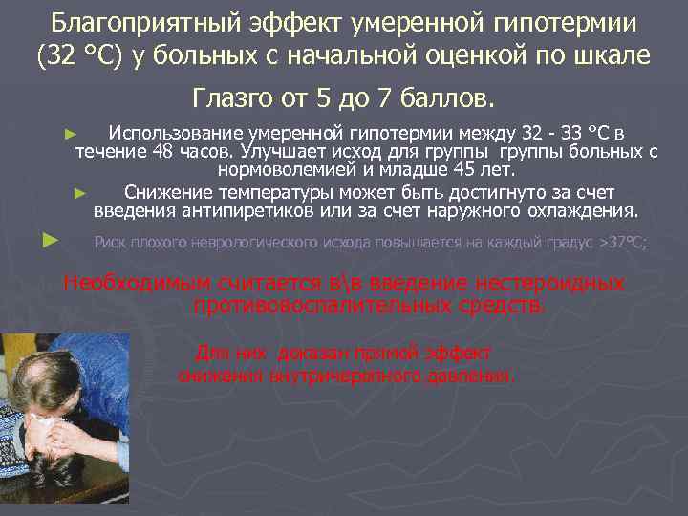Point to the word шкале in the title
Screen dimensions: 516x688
pos(613,56)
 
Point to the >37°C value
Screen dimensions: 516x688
pos(622,243)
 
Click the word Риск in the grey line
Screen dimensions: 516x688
pos(112,243)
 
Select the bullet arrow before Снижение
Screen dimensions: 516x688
pos(81,192)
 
